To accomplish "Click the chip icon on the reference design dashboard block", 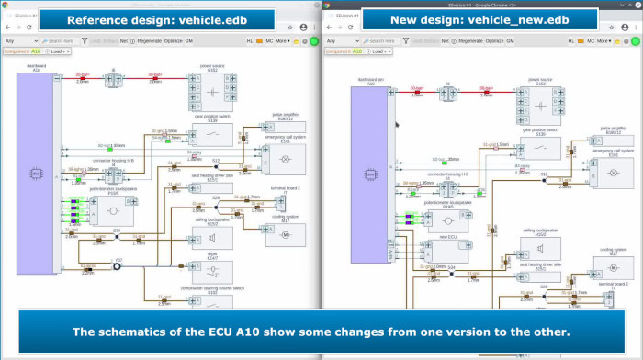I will click(36, 172).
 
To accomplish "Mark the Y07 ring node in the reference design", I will click(118, 265).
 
